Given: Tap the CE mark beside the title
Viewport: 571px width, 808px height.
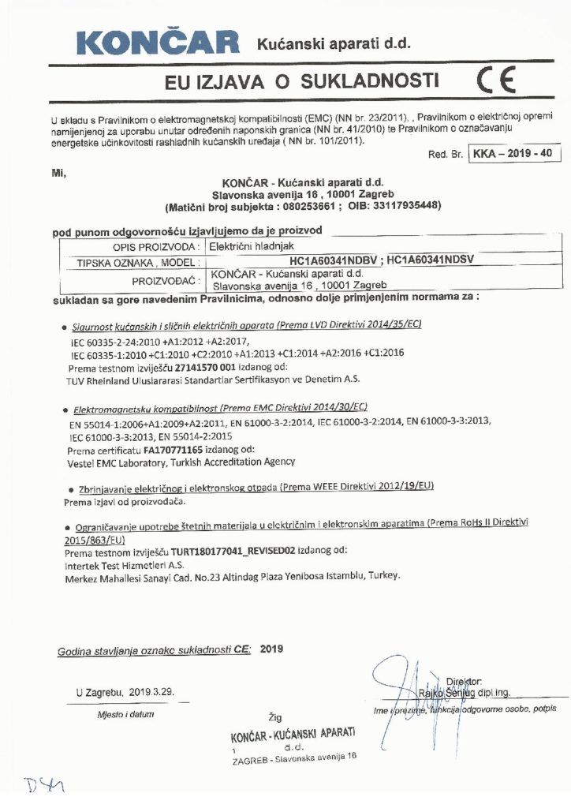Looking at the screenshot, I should (x=496, y=81).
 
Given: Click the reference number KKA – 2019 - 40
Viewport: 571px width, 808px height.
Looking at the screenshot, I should (x=511, y=153).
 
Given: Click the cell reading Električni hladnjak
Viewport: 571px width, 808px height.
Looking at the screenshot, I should (x=241, y=247).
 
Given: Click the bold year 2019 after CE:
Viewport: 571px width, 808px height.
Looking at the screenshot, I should (x=271, y=649).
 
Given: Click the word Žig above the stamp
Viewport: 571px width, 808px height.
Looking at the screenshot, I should (x=274, y=717).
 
